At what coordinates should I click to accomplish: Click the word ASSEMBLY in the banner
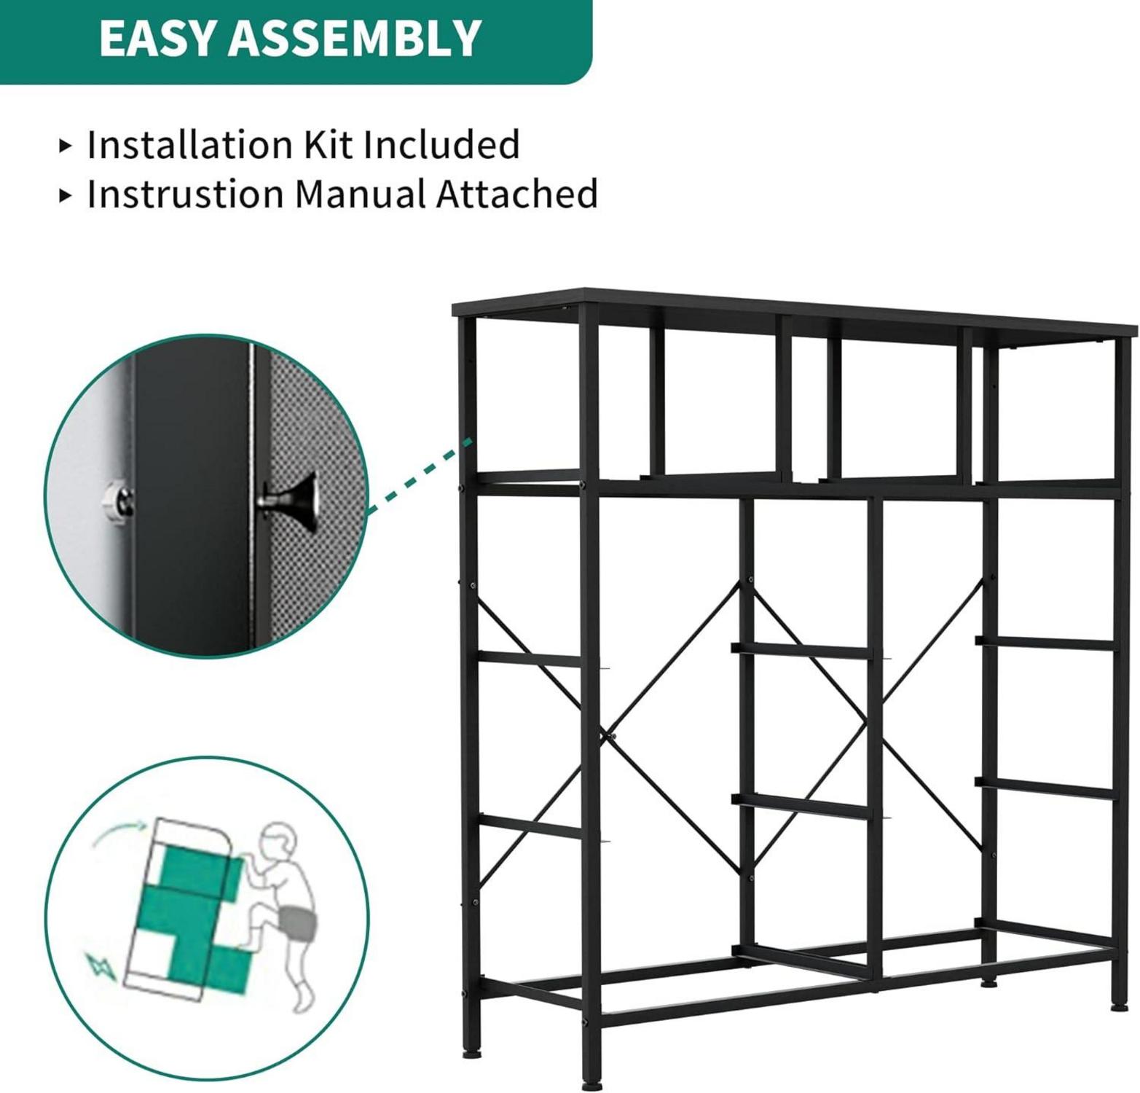tap(355, 38)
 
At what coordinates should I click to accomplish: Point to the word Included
tap(441, 144)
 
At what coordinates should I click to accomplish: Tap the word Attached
tap(517, 194)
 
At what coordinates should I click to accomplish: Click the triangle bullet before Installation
tap(66, 146)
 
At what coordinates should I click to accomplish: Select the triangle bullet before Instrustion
tap(66, 195)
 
